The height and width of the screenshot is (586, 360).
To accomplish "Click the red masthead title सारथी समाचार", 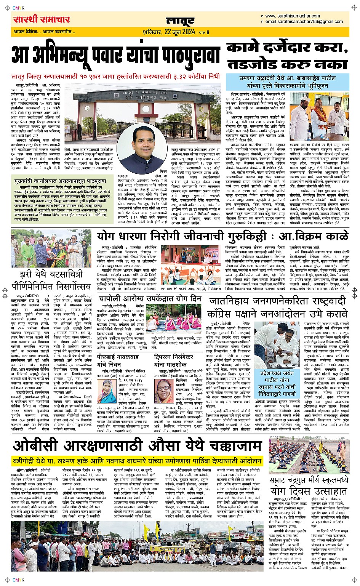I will [42, 19].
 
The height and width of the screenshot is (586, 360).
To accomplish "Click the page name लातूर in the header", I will [180, 21].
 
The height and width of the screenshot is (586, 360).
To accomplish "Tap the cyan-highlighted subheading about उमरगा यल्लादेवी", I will [288, 82].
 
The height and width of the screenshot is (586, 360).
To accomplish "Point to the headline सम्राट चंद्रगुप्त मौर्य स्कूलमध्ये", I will [309, 480].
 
